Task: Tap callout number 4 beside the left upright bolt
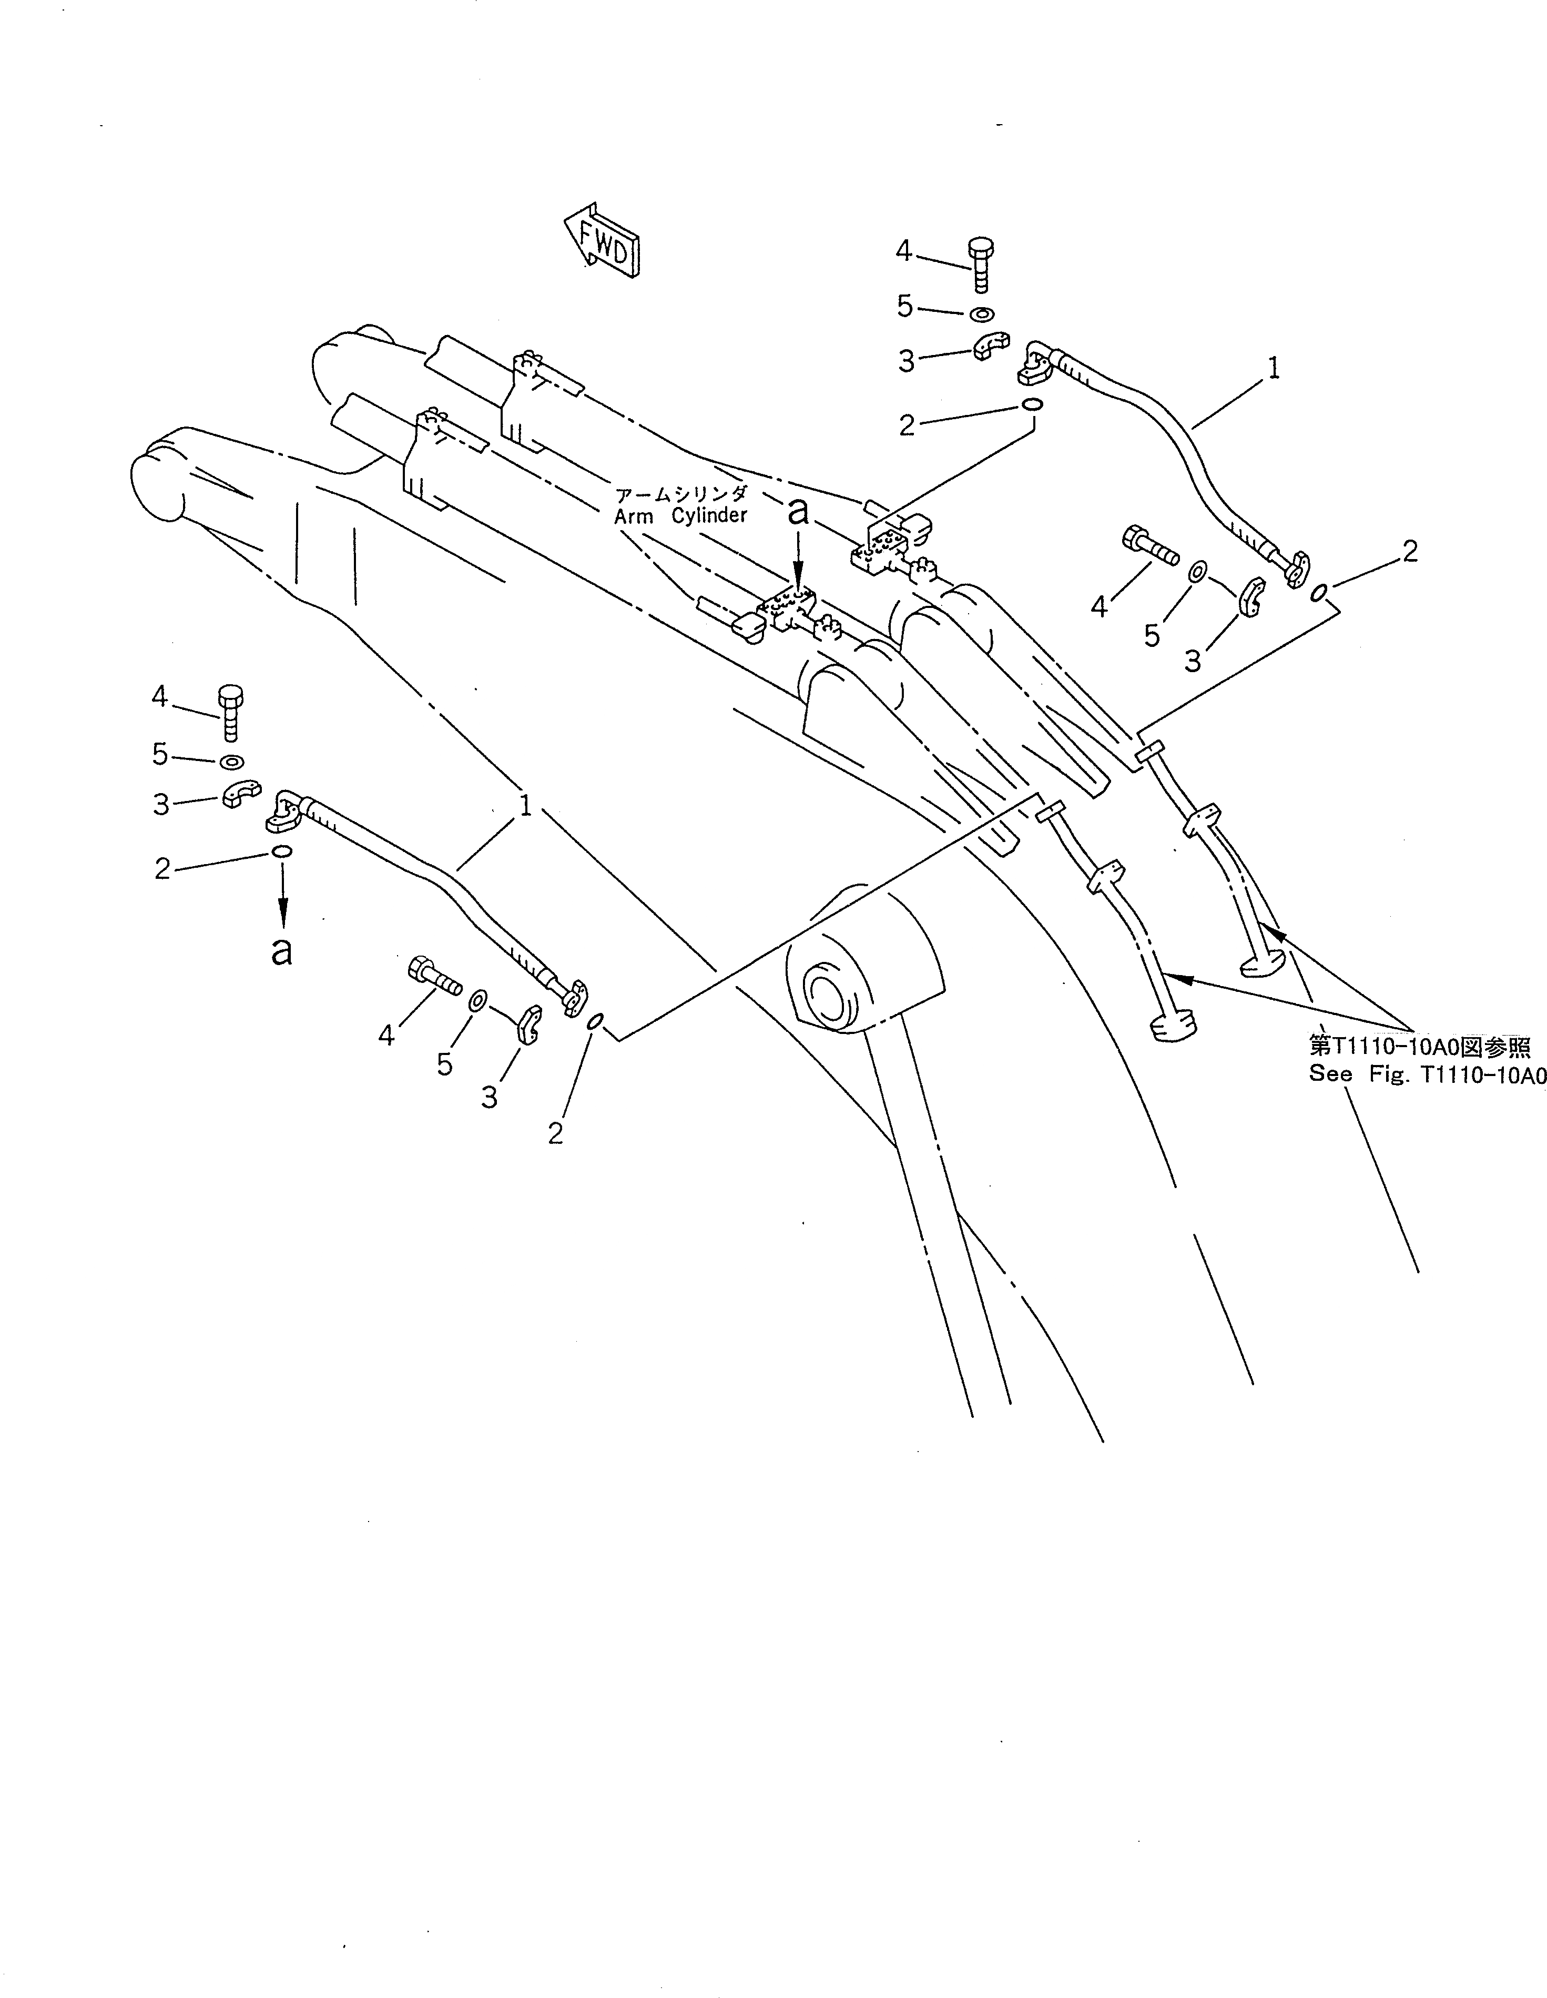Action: pos(160,697)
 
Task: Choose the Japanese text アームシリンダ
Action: pos(681,495)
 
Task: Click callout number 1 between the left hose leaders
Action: pos(525,806)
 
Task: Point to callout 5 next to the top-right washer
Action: pos(905,307)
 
